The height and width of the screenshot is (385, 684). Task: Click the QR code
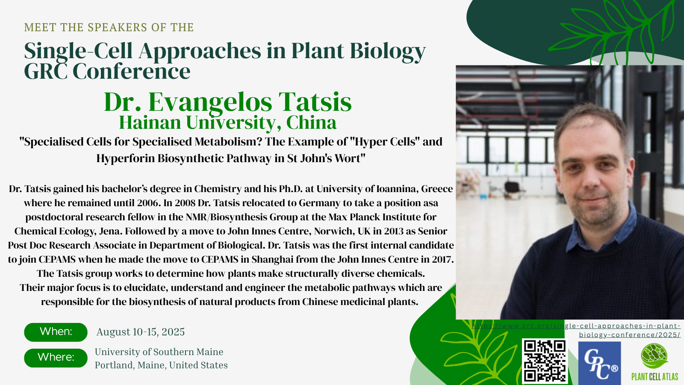point(545,361)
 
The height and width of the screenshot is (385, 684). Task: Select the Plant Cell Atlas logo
point(655,362)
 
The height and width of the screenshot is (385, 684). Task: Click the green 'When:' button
point(56,332)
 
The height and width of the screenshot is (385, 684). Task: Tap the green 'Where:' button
point(56,358)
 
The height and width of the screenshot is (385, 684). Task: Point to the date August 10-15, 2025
point(141,332)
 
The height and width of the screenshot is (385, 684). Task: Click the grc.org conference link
point(576,330)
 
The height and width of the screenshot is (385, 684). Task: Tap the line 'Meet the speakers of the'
point(109,27)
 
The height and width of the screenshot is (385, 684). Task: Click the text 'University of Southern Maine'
point(159,352)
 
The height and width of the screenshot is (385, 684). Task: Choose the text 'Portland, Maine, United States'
point(161,365)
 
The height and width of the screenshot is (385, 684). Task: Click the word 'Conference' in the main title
point(131,71)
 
